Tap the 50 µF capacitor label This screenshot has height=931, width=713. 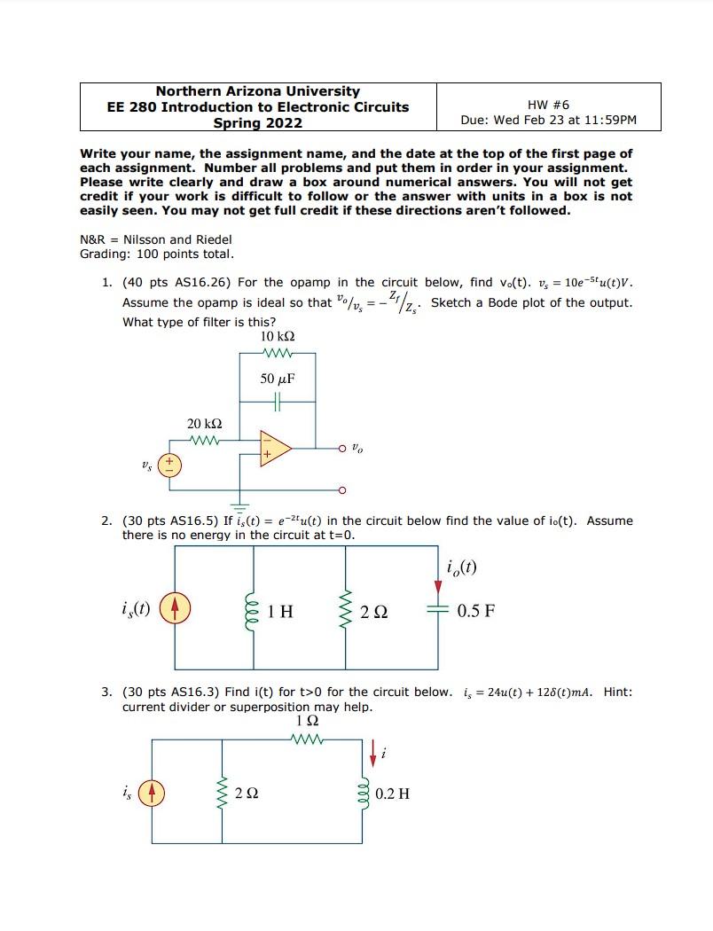point(277,379)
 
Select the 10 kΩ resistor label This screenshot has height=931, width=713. point(277,337)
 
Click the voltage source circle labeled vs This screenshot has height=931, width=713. point(170,465)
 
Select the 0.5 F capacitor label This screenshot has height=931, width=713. point(477,611)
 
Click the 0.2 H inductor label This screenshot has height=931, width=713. point(393,793)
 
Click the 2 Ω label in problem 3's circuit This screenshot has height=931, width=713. point(247,793)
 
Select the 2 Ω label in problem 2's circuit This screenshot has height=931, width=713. point(372,612)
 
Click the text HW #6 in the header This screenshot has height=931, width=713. point(548,105)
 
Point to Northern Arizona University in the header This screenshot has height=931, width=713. point(258,90)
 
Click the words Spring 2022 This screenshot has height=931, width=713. point(258,122)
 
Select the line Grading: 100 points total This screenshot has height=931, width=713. point(157,254)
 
